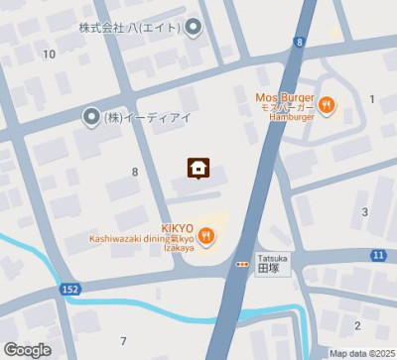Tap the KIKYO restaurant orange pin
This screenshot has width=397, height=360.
(x=205, y=236)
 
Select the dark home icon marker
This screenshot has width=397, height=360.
(x=198, y=168)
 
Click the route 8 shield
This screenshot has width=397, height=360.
(x=299, y=42)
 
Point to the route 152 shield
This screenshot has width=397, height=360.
(x=69, y=289)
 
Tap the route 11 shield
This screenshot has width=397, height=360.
(x=378, y=256)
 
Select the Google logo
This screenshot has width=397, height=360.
(x=27, y=349)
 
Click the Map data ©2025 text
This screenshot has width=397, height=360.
(x=362, y=353)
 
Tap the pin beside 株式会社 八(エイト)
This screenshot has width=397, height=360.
(x=194, y=27)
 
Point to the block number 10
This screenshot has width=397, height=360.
(x=49, y=54)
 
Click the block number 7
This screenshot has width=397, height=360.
(x=123, y=341)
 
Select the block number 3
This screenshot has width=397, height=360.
(x=364, y=211)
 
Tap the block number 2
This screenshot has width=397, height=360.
(x=357, y=325)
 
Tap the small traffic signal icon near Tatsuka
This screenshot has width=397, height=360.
(x=242, y=264)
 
